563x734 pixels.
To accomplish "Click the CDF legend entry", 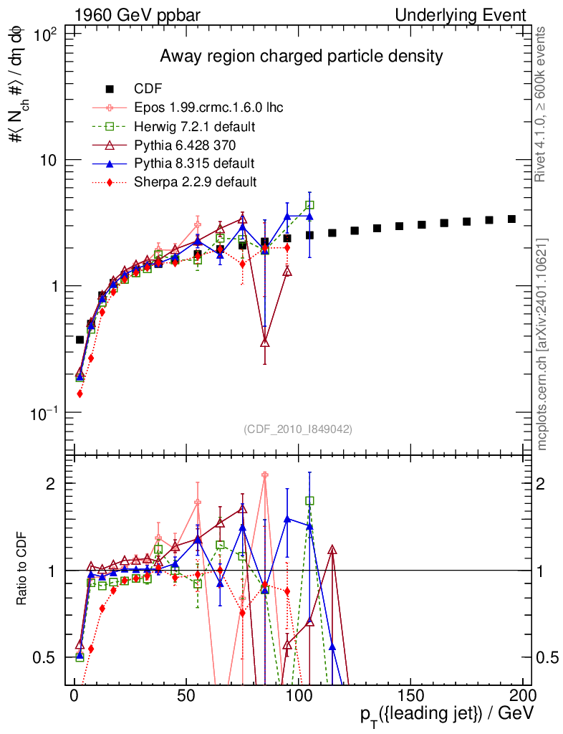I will pos(148,89).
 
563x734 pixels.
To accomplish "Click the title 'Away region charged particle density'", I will pos(301,56).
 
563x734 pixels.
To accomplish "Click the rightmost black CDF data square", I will pos(511,219).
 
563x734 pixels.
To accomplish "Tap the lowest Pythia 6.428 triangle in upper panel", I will pos(265,342).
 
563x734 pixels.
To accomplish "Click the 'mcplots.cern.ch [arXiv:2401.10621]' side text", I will pos(543,343).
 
